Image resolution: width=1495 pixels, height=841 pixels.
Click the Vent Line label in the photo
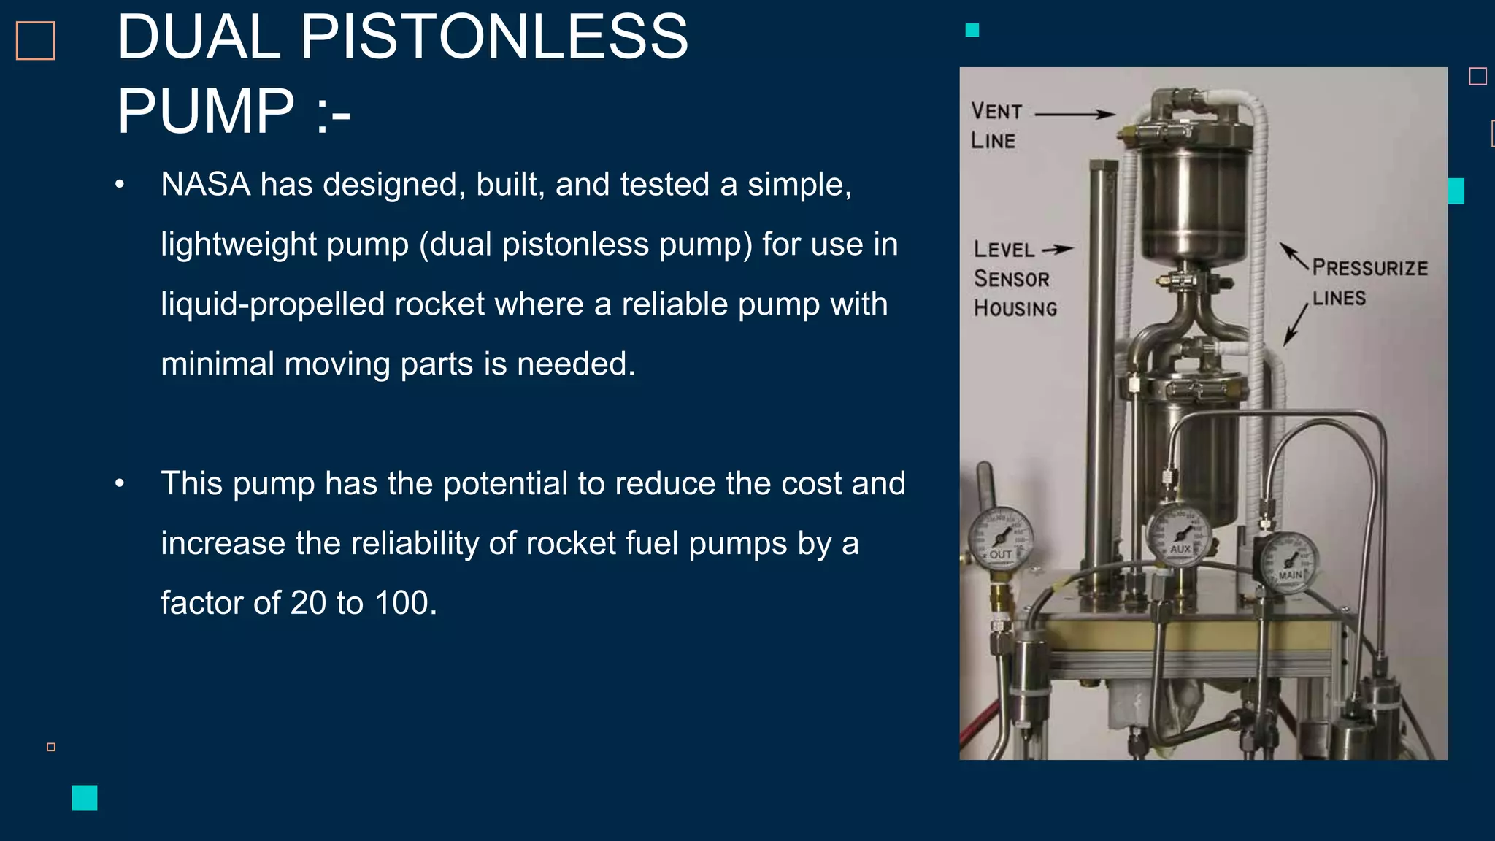click(996, 126)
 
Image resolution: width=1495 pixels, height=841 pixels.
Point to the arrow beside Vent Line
click(1075, 114)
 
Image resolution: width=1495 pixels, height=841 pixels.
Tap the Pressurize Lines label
click(1368, 282)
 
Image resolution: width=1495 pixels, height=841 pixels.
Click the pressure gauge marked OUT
click(1000, 539)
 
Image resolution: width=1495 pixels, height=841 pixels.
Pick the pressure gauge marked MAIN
click(1288, 563)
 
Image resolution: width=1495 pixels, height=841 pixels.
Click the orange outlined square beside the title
click(36, 40)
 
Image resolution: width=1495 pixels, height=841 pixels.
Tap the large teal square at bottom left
click(85, 797)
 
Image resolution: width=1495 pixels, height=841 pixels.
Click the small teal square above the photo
click(972, 30)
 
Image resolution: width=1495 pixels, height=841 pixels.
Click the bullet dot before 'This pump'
click(120, 483)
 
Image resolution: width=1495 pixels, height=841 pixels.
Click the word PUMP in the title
click(206, 111)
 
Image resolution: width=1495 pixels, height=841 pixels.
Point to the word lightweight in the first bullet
click(238, 245)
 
